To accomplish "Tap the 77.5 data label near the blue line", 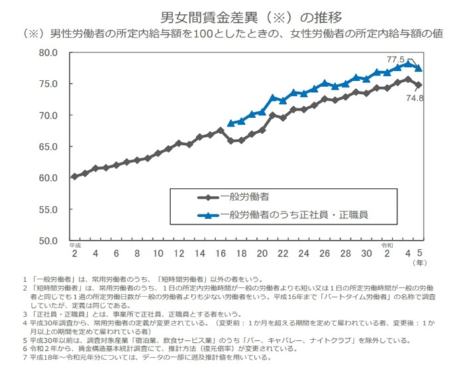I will coord(396,59).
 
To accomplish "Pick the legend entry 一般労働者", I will coord(246,197).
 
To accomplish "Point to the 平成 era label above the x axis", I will coord(74,246).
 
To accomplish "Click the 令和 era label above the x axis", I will coord(387,246).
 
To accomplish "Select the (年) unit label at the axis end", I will coord(419,264).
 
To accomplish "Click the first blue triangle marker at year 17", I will coord(231,123).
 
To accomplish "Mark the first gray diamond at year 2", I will coord(74,176).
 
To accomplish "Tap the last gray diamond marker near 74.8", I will coord(419,85).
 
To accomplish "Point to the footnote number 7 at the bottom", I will coord(24,358).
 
